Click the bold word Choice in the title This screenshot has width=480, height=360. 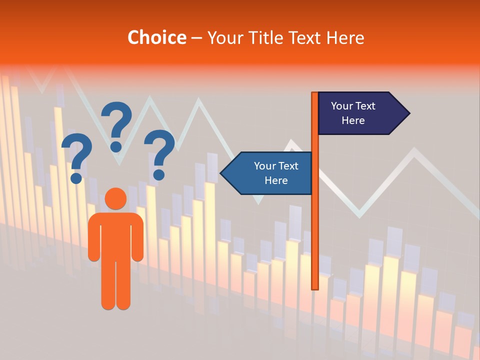pyautogui.click(x=156, y=37)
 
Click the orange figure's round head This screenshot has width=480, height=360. pyautogui.click(x=116, y=199)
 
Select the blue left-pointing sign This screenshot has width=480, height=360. pyautogui.click(x=267, y=173)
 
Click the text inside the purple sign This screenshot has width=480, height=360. pyautogui.click(x=353, y=113)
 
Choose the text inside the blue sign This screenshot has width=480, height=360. pyautogui.click(x=276, y=173)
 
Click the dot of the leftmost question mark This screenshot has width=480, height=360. pyautogui.click(x=76, y=178)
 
